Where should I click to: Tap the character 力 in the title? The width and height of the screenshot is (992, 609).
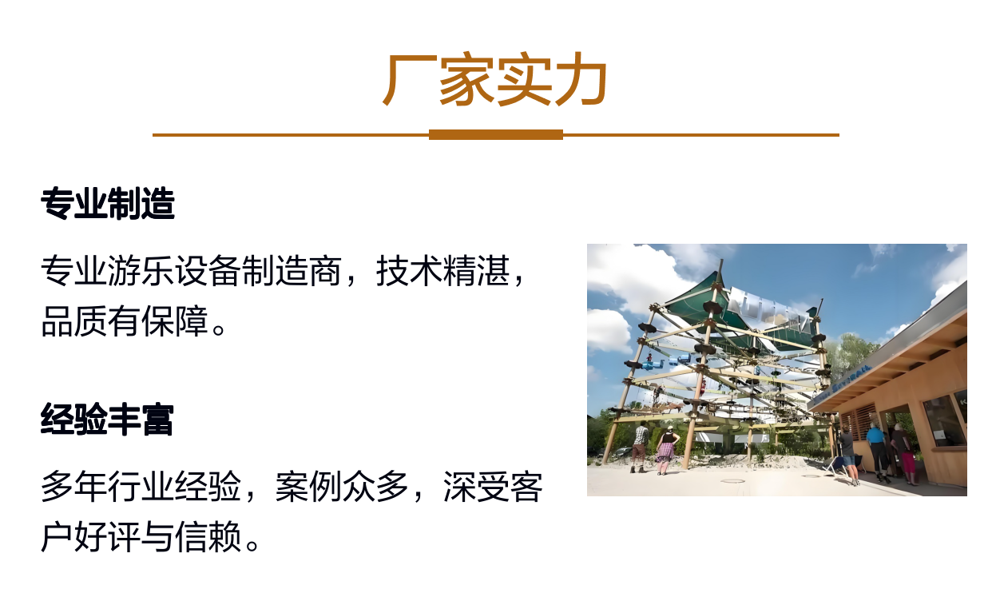(x=581, y=80)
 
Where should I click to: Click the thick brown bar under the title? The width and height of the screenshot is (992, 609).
(x=495, y=135)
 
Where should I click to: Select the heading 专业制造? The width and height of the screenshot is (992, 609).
(x=108, y=204)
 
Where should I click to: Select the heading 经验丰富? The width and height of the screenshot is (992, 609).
(x=107, y=420)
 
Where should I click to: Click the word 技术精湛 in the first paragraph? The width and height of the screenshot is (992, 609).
(x=442, y=270)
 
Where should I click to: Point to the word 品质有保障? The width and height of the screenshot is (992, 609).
(x=125, y=321)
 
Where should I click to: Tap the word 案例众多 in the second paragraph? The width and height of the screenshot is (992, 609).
(x=341, y=486)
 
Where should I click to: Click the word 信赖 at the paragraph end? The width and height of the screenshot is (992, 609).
(x=208, y=537)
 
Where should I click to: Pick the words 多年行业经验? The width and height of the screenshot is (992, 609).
(x=141, y=486)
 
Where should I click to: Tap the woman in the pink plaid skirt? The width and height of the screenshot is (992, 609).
(x=666, y=450)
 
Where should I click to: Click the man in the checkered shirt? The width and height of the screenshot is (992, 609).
(x=641, y=447)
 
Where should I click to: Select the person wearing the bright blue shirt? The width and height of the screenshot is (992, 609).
(x=877, y=452)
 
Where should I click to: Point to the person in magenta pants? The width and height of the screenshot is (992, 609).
(x=905, y=454)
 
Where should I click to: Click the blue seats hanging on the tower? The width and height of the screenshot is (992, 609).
(x=665, y=363)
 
